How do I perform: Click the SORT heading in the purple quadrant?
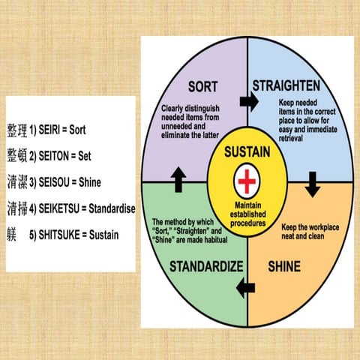click(202, 85)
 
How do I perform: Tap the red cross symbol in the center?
click(246, 181)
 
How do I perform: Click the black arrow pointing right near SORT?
click(245, 101)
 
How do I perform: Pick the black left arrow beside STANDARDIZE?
click(244, 286)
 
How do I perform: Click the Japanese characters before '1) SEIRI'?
click(16, 130)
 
